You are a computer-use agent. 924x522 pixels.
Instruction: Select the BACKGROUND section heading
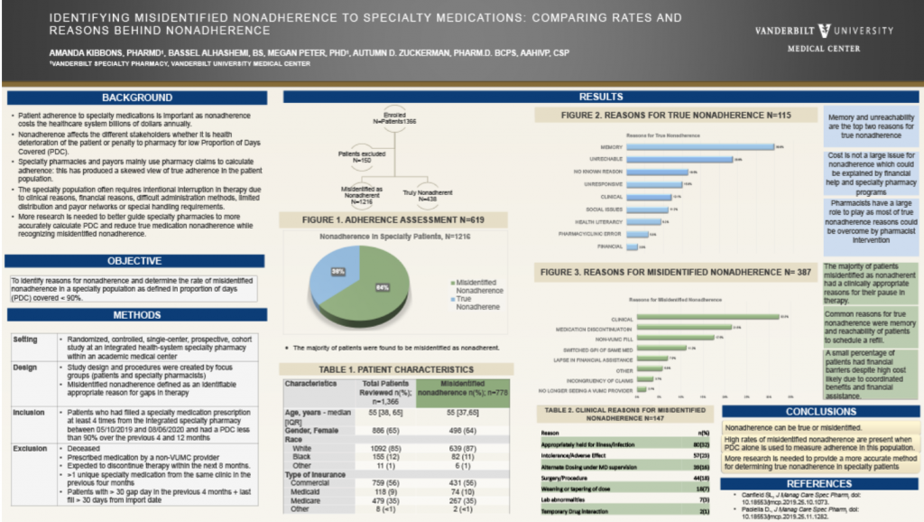coord(136,98)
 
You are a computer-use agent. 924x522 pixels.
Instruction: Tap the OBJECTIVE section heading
coord(135,261)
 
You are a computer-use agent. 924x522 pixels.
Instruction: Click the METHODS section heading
coord(136,314)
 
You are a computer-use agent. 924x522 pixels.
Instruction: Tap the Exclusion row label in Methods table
coord(31,448)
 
